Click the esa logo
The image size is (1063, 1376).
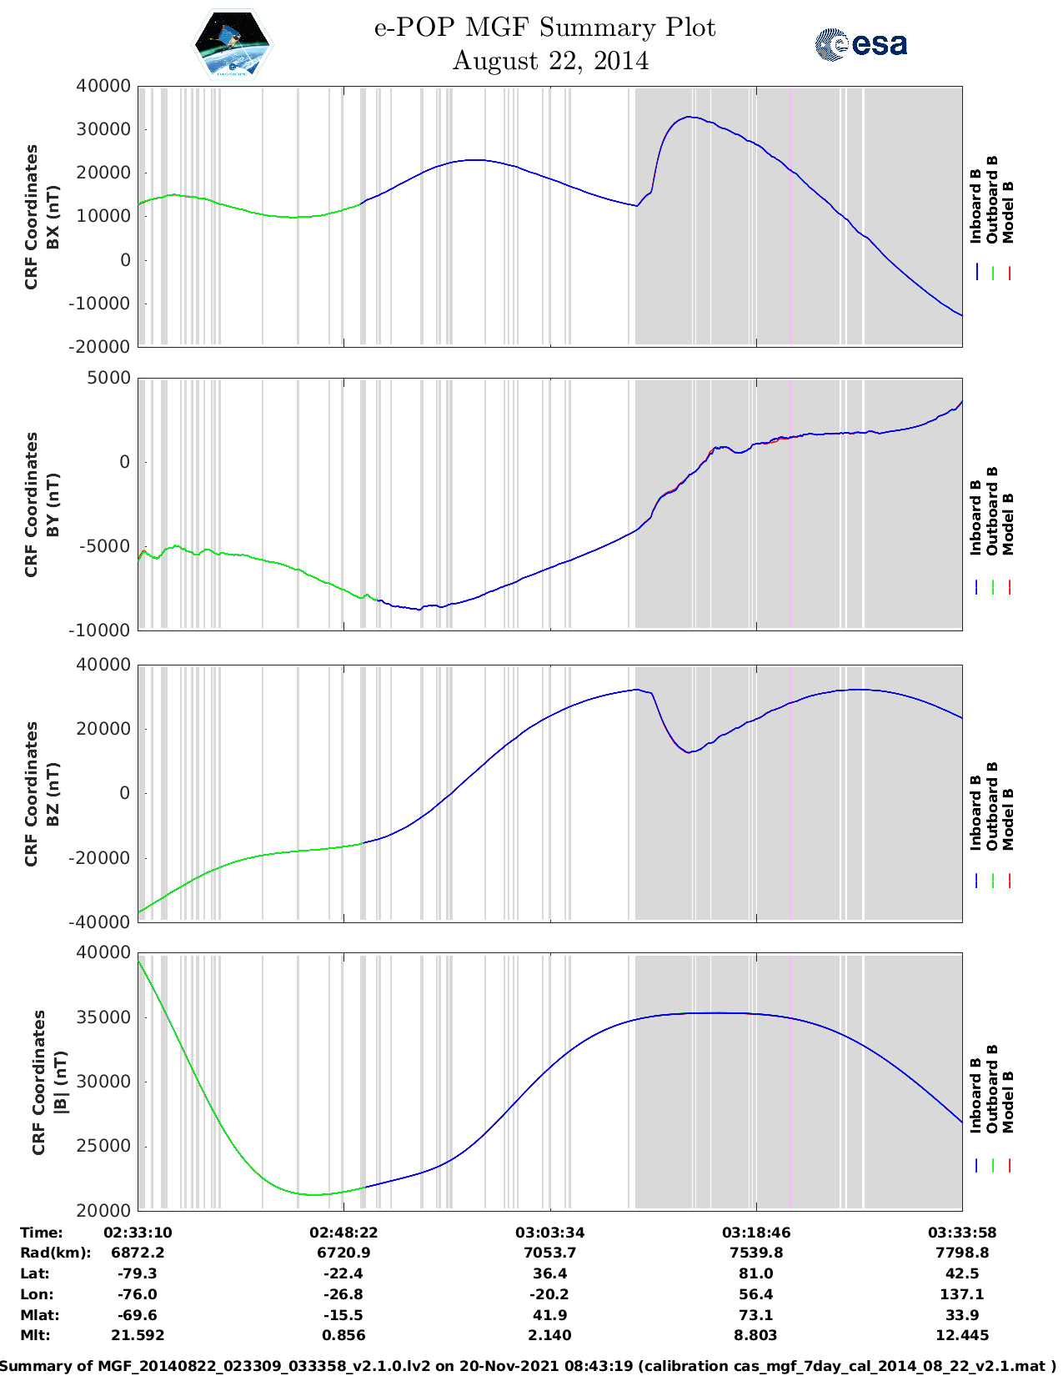click(860, 44)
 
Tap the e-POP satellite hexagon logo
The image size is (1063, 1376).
click(233, 44)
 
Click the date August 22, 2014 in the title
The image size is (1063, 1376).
click(550, 61)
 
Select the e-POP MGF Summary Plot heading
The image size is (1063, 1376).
click(544, 28)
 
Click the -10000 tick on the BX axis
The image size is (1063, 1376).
click(103, 304)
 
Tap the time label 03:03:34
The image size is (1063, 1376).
click(549, 1233)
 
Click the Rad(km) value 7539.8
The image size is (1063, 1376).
click(756, 1253)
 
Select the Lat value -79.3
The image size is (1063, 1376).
click(138, 1273)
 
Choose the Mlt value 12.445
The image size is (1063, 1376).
click(962, 1335)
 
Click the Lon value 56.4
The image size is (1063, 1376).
click(756, 1294)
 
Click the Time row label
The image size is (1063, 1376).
click(42, 1233)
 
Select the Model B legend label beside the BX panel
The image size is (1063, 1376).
click(1008, 212)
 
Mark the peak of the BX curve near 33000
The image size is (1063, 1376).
click(689, 117)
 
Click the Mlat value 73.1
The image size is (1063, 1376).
click(756, 1315)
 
